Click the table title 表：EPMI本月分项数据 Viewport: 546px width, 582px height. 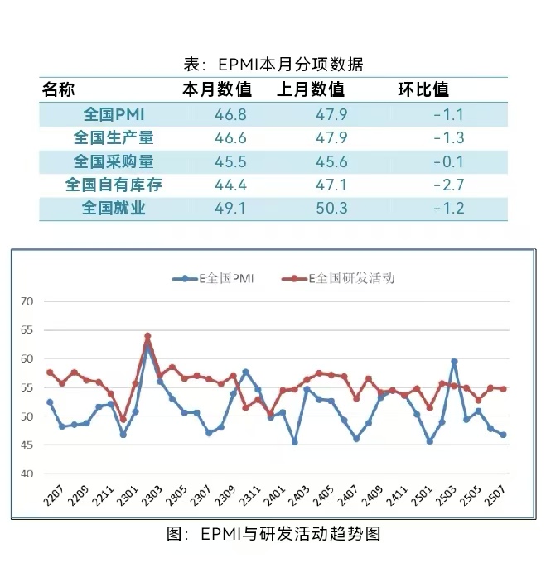(x=273, y=65)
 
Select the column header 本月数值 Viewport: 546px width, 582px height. (x=217, y=89)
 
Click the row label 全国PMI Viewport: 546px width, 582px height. (x=114, y=114)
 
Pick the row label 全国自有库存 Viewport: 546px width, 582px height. (x=114, y=185)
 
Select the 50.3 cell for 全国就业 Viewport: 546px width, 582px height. (x=332, y=208)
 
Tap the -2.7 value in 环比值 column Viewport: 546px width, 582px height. (x=448, y=185)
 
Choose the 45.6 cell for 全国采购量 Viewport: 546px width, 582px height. (x=332, y=161)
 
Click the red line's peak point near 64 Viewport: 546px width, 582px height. (x=147, y=336)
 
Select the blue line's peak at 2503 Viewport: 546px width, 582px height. (x=454, y=362)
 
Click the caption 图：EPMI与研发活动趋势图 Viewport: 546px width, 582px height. (x=273, y=534)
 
